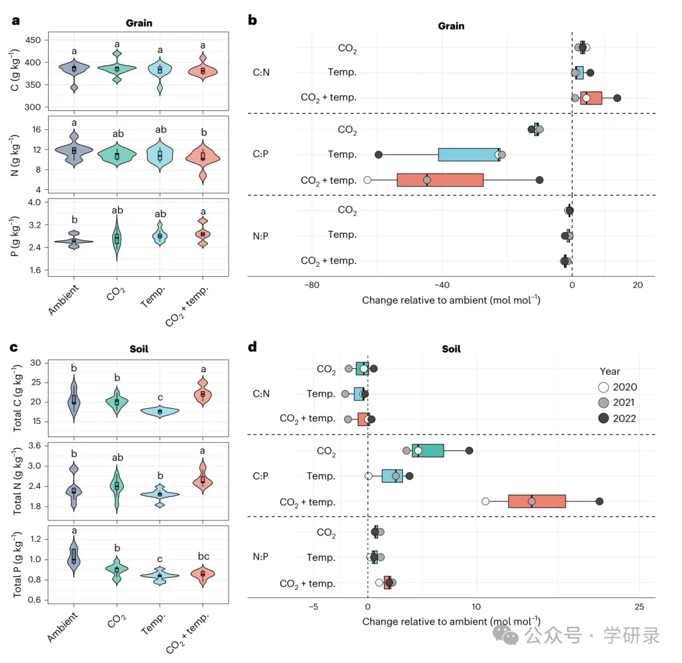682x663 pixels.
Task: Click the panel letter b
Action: click(252, 21)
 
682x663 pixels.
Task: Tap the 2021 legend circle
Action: click(603, 403)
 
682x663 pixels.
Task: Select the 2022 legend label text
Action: click(624, 418)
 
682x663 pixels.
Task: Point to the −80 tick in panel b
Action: click(311, 285)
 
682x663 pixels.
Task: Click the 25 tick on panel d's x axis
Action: click(639, 607)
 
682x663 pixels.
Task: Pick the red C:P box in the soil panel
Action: click(537, 502)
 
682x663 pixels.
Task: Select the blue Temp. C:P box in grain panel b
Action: click(469, 155)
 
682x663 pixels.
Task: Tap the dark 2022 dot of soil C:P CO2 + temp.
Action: click(599, 502)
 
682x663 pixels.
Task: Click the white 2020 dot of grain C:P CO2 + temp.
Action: click(368, 180)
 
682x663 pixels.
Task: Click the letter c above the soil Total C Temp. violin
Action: click(160, 397)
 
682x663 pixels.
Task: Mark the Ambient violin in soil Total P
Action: click(74, 558)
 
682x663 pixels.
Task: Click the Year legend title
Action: click(610, 372)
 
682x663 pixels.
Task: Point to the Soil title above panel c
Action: click(139, 349)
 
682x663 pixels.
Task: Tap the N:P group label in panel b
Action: click(261, 235)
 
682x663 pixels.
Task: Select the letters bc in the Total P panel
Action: click(203, 556)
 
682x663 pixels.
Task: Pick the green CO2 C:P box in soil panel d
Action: click(428, 450)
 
